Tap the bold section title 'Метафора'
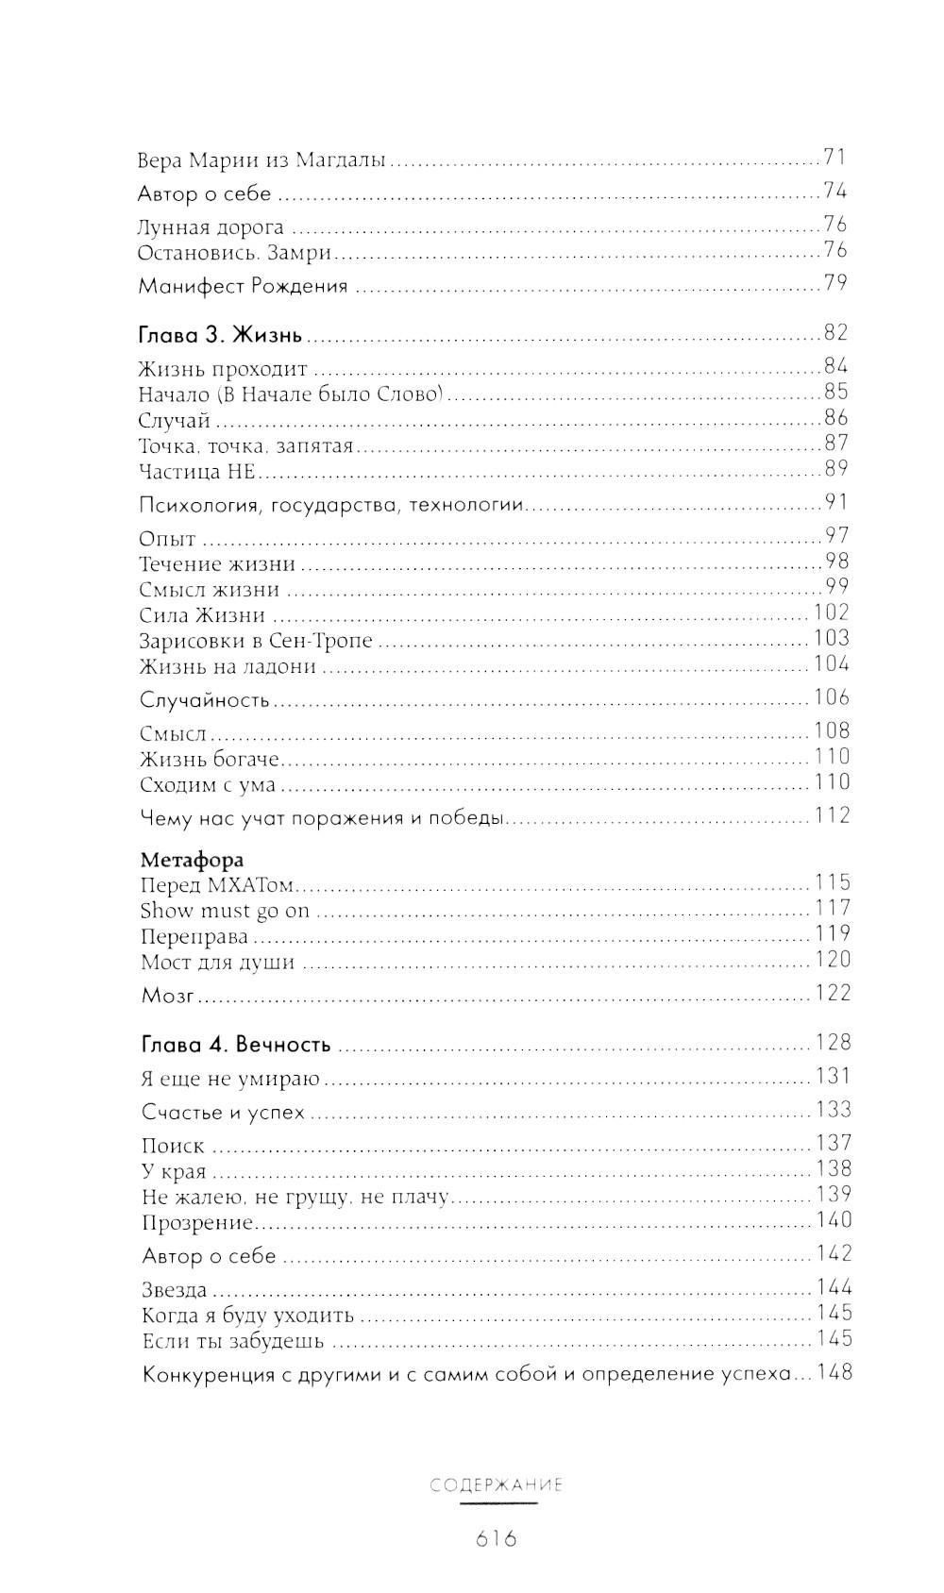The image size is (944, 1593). pyautogui.click(x=192, y=860)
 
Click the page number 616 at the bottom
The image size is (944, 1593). pyautogui.click(x=497, y=1539)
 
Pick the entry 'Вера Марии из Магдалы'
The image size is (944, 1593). pyautogui.click(x=261, y=160)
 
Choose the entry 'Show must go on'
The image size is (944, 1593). pyautogui.click(x=225, y=912)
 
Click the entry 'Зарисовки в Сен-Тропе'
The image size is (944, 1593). pyautogui.click(x=256, y=641)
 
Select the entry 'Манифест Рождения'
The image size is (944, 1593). pyautogui.click(x=243, y=286)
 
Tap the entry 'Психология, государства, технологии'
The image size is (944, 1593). pyautogui.click(x=330, y=505)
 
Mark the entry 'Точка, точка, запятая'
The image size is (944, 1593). pyautogui.click(x=245, y=445)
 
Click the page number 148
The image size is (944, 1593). pyautogui.click(x=834, y=1372)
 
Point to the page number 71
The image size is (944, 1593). pyautogui.click(x=834, y=158)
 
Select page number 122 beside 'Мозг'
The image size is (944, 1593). pyautogui.click(x=832, y=993)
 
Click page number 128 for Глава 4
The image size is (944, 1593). pyautogui.click(x=833, y=1043)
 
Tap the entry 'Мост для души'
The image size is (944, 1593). pyautogui.click(x=217, y=963)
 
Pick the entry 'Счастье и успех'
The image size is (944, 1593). pyautogui.click(x=223, y=1113)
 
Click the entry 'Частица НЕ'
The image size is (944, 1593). pyautogui.click(x=196, y=471)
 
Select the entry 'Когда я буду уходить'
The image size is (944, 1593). pyautogui.click(x=247, y=1316)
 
